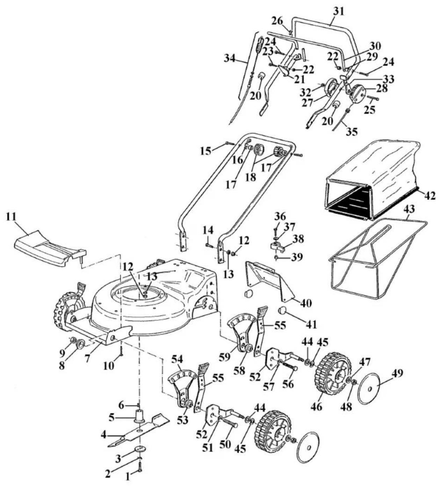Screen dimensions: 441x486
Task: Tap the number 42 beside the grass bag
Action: click(429, 195)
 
